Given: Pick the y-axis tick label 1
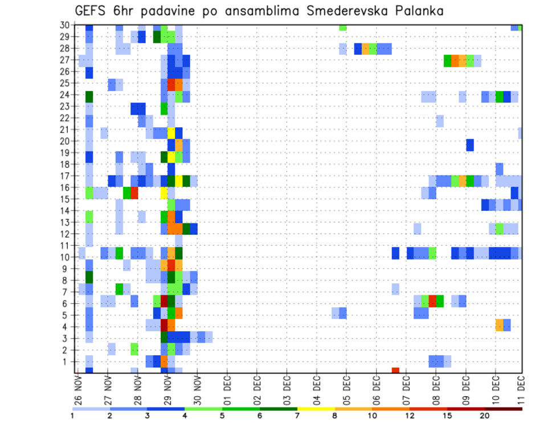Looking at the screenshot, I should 67,361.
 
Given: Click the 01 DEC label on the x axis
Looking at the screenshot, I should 227,390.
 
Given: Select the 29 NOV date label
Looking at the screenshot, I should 168,390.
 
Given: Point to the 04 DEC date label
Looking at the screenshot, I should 317,390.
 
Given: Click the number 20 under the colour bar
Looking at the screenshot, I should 484,416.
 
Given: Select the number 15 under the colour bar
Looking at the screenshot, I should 447,416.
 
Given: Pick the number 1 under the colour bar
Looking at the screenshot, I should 72,416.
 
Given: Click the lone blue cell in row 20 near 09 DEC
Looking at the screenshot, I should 470,145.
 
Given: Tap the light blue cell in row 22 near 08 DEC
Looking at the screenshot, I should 440,121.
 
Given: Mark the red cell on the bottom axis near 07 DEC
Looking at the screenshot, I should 395,371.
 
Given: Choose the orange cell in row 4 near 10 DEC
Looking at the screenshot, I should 499,325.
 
